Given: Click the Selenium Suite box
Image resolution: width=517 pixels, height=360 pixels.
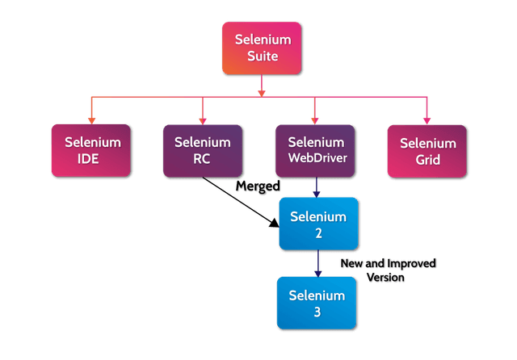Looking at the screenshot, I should click(x=263, y=48).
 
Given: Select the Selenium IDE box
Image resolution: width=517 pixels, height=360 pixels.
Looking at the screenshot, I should click(x=93, y=150).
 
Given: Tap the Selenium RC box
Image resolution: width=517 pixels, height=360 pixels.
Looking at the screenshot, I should click(x=201, y=150).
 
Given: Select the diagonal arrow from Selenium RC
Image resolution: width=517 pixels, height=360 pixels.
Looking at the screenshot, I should click(x=238, y=204).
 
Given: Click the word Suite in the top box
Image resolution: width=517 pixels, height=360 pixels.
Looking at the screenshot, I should click(x=263, y=57).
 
